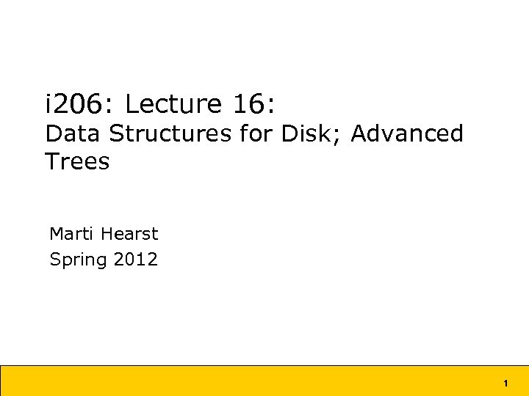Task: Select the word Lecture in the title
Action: coord(173,105)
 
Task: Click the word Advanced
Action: coord(407,134)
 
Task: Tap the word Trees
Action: coord(77,161)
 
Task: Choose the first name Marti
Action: coord(71,234)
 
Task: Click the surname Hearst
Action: coord(129,234)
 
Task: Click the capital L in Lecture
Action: coord(132,105)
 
